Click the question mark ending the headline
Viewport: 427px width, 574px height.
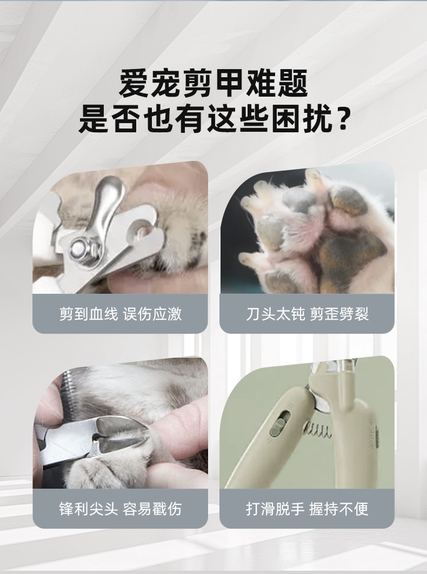coord(343,118)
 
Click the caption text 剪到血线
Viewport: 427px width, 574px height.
coord(88,314)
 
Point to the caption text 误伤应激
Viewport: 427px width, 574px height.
coord(152,314)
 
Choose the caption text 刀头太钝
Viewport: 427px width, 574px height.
coord(275,314)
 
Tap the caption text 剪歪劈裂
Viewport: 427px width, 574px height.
coord(339,314)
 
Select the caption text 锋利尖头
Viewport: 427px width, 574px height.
coord(88,509)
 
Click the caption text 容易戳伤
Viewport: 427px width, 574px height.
coord(152,509)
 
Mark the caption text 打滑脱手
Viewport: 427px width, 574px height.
coord(275,509)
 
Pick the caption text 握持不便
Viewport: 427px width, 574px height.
coord(339,509)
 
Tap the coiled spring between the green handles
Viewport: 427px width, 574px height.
coord(317,430)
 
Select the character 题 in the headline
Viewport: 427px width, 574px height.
coord(292,84)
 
